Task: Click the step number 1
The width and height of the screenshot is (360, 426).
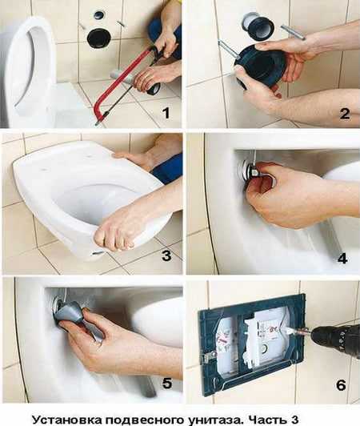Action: [166, 113]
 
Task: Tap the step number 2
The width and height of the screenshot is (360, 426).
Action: [344, 114]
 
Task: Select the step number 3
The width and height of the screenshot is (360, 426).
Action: [166, 255]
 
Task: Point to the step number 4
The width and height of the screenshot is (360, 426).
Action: [342, 258]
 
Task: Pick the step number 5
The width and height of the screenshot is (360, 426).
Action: [166, 384]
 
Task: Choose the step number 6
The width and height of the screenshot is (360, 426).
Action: [342, 385]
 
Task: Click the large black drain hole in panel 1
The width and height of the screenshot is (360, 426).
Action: [98, 38]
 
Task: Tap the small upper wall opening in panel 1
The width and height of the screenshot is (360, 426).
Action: [98, 14]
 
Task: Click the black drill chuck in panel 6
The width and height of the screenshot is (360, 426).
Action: [334, 334]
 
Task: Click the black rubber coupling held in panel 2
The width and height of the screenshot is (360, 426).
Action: [261, 65]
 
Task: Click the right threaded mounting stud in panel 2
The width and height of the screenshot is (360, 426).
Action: [293, 31]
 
